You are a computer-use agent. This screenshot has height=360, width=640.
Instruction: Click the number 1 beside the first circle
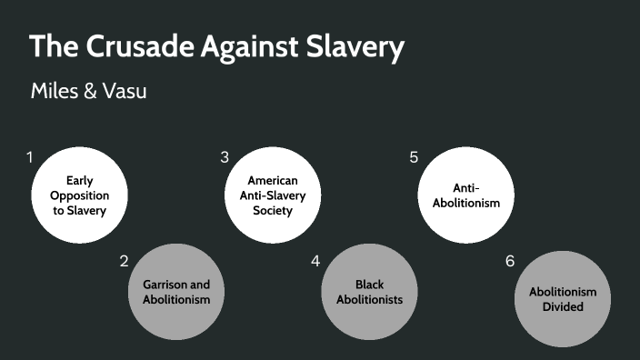tap(30, 157)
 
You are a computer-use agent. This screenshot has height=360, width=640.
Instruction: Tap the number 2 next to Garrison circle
tap(124, 262)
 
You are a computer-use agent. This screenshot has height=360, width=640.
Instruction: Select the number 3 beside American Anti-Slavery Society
tap(224, 157)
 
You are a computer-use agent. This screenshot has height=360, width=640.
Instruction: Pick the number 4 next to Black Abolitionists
tap(315, 262)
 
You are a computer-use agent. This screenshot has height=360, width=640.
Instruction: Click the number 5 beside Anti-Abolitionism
tap(414, 157)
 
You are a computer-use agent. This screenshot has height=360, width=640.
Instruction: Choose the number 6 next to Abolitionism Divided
tap(510, 262)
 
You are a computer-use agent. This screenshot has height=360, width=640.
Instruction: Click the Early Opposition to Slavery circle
tap(79, 196)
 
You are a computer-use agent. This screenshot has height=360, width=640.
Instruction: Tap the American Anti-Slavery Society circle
tap(273, 196)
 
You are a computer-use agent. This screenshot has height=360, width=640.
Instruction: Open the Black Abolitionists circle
tap(369, 292)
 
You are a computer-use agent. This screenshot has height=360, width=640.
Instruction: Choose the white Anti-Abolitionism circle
tap(466, 196)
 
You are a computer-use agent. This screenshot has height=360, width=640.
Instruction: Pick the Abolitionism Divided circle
tap(563, 299)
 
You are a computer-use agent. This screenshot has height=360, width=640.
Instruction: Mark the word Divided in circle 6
tap(563, 306)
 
